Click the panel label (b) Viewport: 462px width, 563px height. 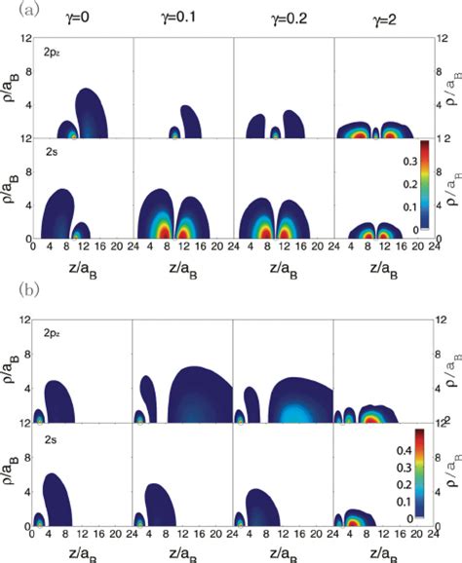click(x=11, y=289)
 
